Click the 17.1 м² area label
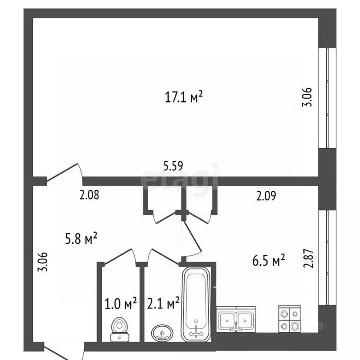[x=183, y=97]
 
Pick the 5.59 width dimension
[x=173, y=165]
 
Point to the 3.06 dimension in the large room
[x=307, y=97]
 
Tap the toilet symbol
[x=120, y=329]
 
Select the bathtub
[x=196, y=304]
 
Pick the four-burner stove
[x=290, y=319]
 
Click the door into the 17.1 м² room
[x=66, y=172]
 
